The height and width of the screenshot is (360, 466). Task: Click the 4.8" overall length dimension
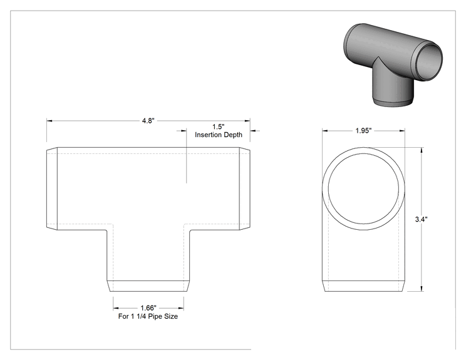point(148,121)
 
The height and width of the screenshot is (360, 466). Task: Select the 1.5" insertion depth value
point(219,127)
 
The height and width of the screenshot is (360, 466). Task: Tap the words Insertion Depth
point(219,135)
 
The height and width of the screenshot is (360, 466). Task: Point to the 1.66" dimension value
point(148,308)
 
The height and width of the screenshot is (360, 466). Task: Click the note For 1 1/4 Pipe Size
point(148,316)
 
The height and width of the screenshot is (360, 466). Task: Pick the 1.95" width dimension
point(363,131)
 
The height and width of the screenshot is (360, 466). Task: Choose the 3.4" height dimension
point(421,220)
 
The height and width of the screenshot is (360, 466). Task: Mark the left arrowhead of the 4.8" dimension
point(49,121)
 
